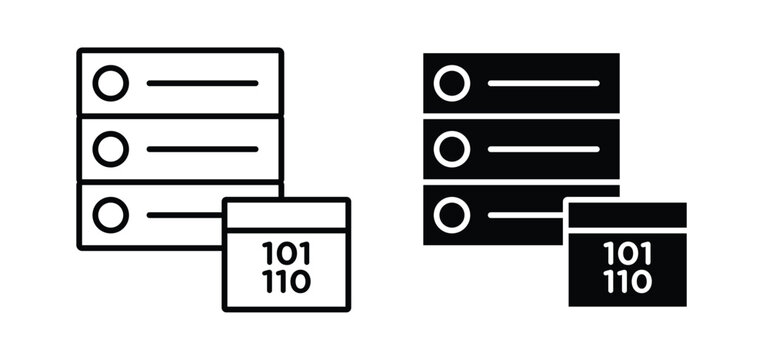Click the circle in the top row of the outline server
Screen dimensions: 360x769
(110, 83)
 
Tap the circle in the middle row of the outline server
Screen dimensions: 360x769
(110, 149)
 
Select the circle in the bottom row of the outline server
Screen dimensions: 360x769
(110, 214)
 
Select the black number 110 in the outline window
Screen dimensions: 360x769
(285, 281)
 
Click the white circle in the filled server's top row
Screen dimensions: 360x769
(452, 83)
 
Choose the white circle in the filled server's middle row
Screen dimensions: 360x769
(452, 149)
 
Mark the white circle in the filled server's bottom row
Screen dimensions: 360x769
(452, 214)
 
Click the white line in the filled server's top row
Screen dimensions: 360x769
(544, 83)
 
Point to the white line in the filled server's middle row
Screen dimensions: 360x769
(544, 149)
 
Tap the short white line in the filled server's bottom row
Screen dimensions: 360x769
(525, 214)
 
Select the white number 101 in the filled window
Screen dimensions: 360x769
(627, 252)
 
